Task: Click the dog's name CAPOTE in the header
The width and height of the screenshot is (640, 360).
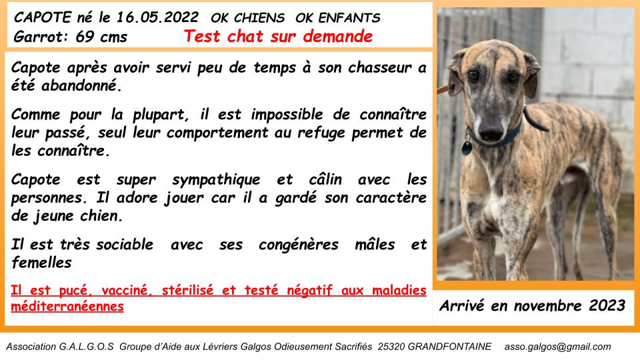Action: click(x=43, y=17)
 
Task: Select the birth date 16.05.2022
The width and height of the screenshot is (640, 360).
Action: click(x=157, y=17)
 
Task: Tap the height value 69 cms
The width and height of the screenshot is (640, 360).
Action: click(x=101, y=37)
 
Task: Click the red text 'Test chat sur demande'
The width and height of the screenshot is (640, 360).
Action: click(x=278, y=36)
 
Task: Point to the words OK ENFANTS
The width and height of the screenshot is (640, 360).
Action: click(x=337, y=18)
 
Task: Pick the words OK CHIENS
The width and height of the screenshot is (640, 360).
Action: click(x=247, y=18)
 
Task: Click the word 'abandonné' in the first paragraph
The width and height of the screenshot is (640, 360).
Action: click(x=81, y=85)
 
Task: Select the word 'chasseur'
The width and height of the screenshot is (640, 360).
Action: click(x=379, y=67)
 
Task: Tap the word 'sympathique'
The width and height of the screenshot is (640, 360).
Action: click(x=216, y=179)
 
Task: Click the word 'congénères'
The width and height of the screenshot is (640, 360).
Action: click(x=299, y=245)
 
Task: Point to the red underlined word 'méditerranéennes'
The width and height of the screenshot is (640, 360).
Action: click(x=67, y=306)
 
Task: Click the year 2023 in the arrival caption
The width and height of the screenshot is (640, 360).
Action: click(x=607, y=305)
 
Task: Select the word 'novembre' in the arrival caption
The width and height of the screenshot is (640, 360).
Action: click(x=547, y=306)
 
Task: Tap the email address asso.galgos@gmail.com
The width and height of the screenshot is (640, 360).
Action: click(x=557, y=347)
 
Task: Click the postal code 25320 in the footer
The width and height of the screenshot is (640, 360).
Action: click(x=391, y=347)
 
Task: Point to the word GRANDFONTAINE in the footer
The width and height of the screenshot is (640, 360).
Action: click(x=449, y=347)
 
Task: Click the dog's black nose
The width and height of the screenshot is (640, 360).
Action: click(x=491, y=131)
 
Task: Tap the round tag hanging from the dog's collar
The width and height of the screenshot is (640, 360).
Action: click(x=467, y=147)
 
